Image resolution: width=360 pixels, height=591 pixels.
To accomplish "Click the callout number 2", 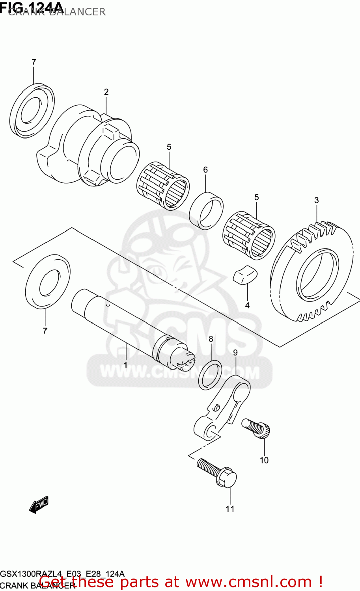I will click(x=106, y=92).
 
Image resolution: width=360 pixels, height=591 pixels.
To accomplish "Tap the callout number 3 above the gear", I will click(x=316, y=201).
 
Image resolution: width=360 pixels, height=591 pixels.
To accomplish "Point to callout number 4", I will click(x=247, y=305).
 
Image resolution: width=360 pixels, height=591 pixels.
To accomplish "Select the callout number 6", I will click(x=205, y=170).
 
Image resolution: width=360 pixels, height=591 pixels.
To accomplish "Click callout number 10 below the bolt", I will click(x=264, y=460).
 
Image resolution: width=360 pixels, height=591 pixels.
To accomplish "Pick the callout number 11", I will click(x=230, y=509).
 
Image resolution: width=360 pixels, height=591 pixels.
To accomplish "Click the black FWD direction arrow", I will click(x=39, y=504).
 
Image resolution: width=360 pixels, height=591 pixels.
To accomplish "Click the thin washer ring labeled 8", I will click(x=210, y=374).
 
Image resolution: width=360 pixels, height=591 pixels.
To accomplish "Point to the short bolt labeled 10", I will click(x=257, y=428).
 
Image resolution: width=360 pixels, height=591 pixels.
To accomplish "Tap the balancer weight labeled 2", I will click(x=91, y=146).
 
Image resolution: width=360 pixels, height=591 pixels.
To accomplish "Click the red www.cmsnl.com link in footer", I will click(x=248, y=582).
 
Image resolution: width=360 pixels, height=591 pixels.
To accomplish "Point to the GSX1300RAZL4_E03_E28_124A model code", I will click(x=62, y=574).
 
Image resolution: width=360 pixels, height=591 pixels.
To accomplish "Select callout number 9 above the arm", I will click(x=235, y=353).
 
